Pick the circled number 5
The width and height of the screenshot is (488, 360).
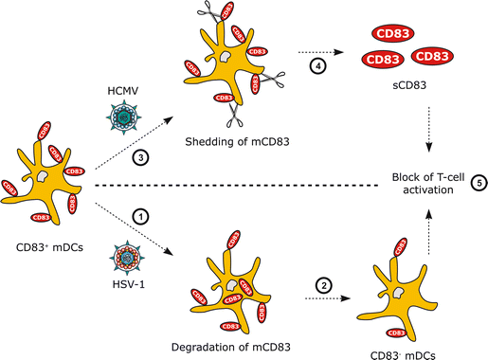pyautogui.click(x=477, y=184)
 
